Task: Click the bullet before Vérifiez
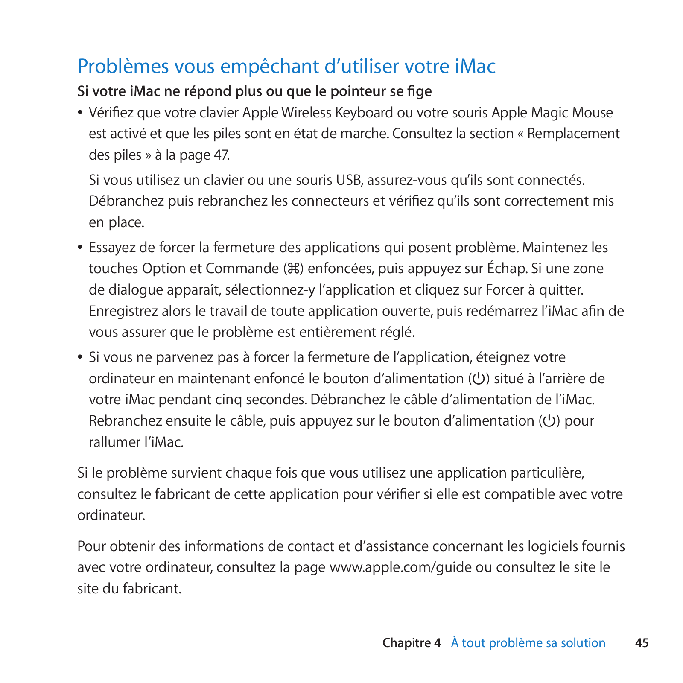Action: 80,113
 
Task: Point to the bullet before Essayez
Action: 80,248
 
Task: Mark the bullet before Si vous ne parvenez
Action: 80,357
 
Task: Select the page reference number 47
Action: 221,155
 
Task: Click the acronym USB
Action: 349,180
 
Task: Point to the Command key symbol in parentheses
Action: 294,269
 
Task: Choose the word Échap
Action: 507,269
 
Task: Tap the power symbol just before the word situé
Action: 479,379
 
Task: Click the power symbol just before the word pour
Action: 549,421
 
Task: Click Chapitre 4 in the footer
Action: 411,643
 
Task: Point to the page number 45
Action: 642,643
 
